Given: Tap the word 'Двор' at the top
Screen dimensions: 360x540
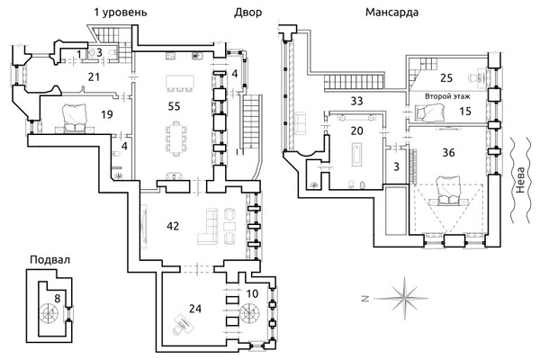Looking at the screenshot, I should [248, 13].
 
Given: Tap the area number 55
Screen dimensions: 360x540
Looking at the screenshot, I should [177, 105].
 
